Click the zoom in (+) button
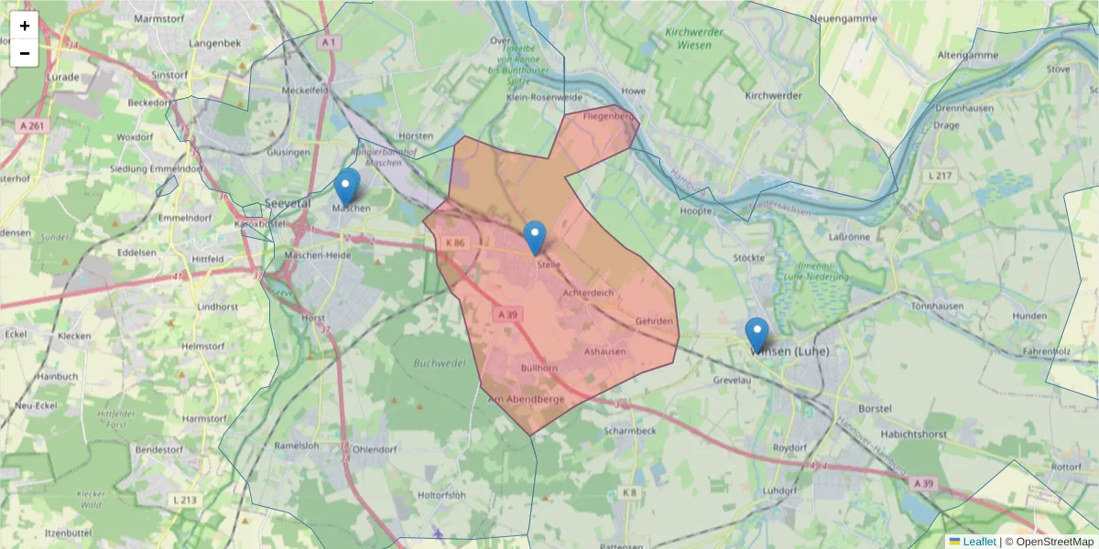[24, 26]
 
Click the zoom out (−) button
[24, 53]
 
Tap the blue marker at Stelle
[535, 238]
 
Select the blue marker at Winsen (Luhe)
[756, 334]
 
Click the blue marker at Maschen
[346, 188]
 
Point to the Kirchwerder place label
[773, 95]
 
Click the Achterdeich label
[588, 293]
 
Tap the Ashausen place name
[604, 351]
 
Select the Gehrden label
[654, 321]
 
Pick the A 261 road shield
[31, 125]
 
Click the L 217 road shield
[941, 176]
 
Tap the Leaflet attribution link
[979, 542]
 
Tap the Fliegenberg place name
[609, 116]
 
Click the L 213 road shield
[185, 500]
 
